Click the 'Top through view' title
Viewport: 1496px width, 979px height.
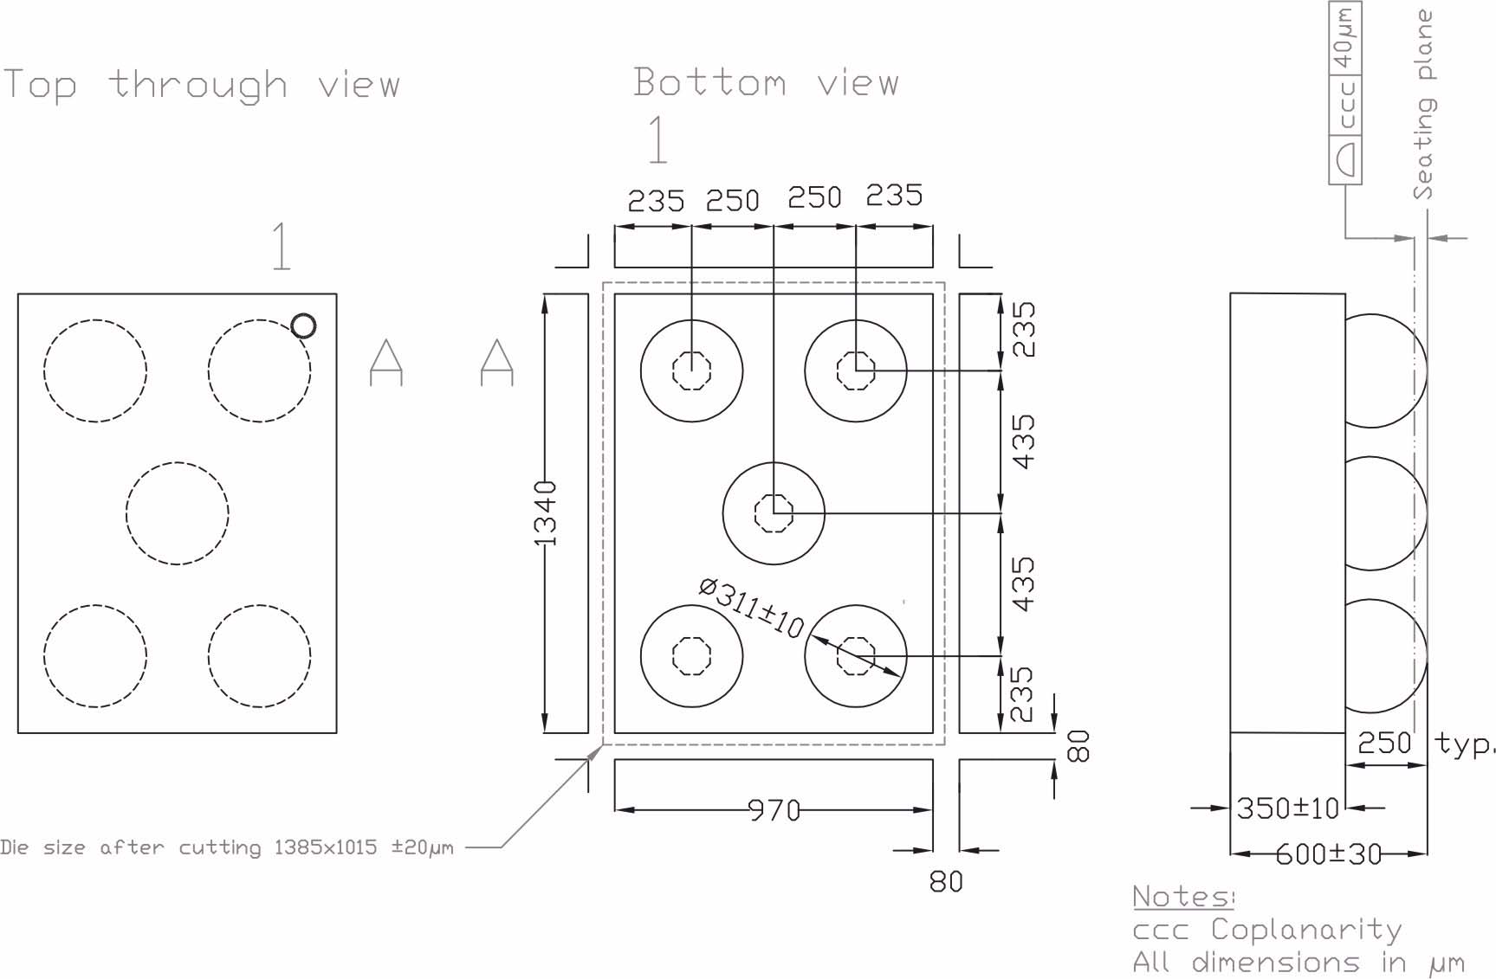[201, 85]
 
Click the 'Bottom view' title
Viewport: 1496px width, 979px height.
[766, 82]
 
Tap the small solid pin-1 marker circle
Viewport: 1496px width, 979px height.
[303, 325]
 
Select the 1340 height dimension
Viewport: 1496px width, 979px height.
[545, 513]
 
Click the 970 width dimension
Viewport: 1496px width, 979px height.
[774, 810]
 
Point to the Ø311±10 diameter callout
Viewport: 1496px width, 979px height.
[752, 609]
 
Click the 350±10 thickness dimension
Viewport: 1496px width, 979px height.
[1287, 808]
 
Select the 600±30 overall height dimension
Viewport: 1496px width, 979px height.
[1328, 854]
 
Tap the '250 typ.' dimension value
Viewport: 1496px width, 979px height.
[1384, 743]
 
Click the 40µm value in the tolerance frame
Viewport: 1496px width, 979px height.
[1344, 39]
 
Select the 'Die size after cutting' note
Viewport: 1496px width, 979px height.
[227, 847]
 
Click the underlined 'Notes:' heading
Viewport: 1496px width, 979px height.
[1182, 896]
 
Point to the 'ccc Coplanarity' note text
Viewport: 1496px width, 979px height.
[1266, 929]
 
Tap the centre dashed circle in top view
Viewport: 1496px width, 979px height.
[178, 513]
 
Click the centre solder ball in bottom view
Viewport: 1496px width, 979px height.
[774, 513]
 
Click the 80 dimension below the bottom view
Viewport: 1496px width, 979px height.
[945, 881]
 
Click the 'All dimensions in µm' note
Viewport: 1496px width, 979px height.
[1297, 962]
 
